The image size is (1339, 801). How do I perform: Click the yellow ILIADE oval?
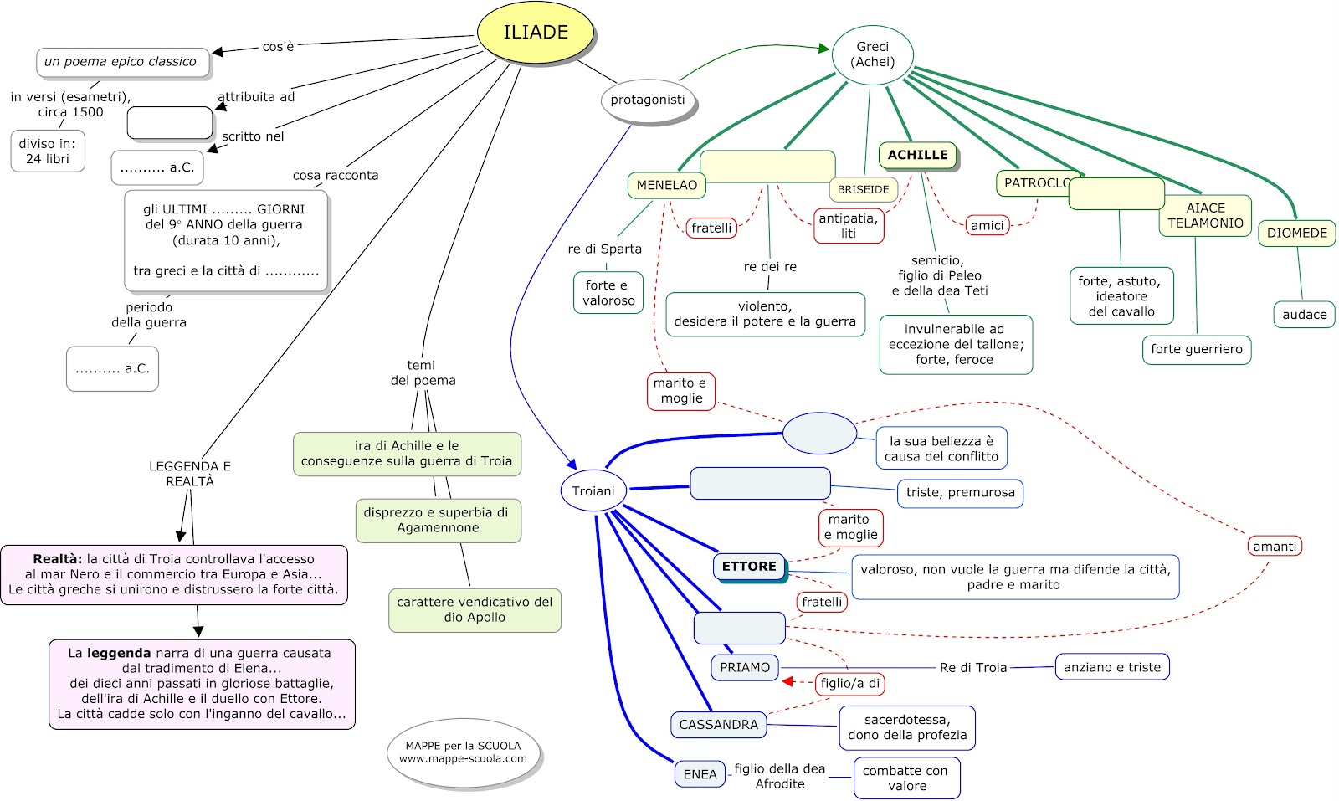pos(536,33)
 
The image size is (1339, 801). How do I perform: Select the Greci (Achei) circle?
pos(872,55)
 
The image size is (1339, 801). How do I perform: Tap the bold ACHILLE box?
pos(917,155)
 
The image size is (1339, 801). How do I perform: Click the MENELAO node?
pos(666,185)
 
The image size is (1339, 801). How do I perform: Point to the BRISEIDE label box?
pos(863,189)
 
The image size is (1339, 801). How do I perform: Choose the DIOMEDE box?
pos(1296,233)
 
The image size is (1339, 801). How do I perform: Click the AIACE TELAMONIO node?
pos(1205,215)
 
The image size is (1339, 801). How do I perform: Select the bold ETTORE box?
pos(749,567)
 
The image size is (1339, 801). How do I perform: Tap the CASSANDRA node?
pos(718,725)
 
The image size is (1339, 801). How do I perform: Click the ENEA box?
pos(700,774)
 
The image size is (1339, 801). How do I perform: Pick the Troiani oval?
pos(593,491)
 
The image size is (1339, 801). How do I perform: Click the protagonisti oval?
pos(647,100)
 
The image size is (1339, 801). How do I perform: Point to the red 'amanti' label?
pos(1274,547)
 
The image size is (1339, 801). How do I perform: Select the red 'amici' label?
pos(987,225)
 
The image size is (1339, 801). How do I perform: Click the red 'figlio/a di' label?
pos(849,683)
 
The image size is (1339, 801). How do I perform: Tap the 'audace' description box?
pos(1304,315)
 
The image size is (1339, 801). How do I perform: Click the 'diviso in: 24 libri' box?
pos(48,151)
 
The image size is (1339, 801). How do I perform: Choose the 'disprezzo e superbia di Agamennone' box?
pos(438,520)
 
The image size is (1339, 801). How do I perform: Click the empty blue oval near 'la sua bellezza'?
pos(819,434)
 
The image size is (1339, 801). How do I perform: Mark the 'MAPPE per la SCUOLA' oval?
pos(463,752)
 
